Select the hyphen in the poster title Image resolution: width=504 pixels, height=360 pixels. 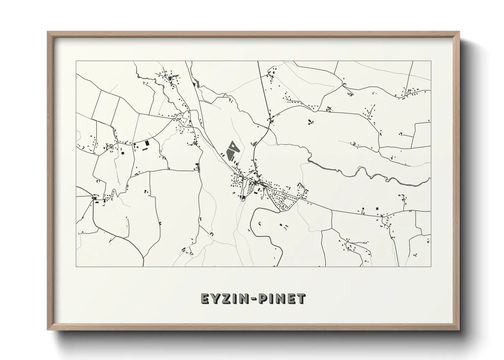pos(253,299)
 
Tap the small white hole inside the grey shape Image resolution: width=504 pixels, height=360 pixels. pos(233,147)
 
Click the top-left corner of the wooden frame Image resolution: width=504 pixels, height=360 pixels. pos(48,32)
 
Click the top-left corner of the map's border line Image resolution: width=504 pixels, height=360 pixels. pos(76,61)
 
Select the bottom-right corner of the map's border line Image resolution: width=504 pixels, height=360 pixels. pos(431,266)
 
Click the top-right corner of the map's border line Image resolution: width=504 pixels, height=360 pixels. pos(431,61)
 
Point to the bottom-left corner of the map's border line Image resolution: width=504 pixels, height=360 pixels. pos(76,266)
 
